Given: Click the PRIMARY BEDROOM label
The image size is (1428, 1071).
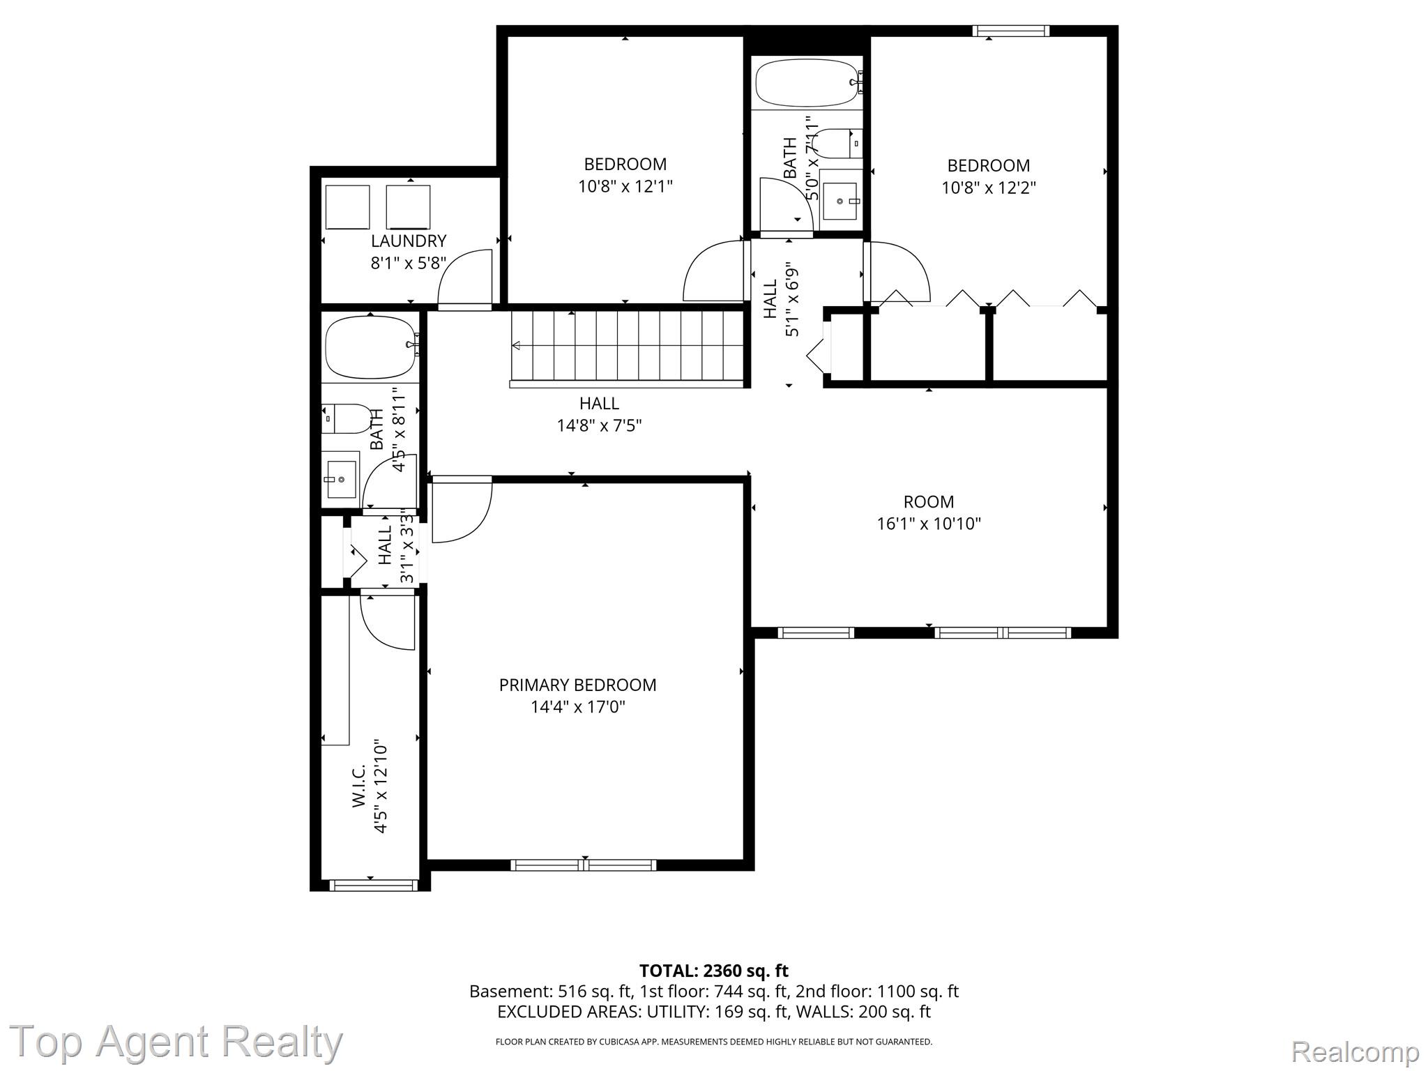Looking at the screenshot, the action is tap(577, 685).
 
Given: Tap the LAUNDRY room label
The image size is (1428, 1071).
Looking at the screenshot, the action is tap(408, 241).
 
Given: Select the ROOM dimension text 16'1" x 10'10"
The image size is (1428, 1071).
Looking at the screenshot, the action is tap(929, 524).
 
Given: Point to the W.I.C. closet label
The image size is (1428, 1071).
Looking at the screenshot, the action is tap(358, 786).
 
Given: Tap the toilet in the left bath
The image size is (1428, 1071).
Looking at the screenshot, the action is tap(347, 418).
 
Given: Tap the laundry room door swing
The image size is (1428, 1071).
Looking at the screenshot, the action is tap(465, 277).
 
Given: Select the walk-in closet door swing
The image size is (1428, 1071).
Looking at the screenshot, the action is tap(388, 622).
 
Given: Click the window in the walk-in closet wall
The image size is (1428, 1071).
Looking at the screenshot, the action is tap(373, 885).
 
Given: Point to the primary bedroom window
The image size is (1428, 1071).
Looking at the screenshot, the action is tap(584, 865).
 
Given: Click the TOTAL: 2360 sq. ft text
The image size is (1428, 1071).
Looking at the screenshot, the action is tap(713, 971).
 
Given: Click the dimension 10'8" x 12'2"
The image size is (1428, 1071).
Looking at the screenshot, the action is tap(989, 188).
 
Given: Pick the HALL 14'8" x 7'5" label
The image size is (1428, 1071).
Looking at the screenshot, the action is tap(600, 414).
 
